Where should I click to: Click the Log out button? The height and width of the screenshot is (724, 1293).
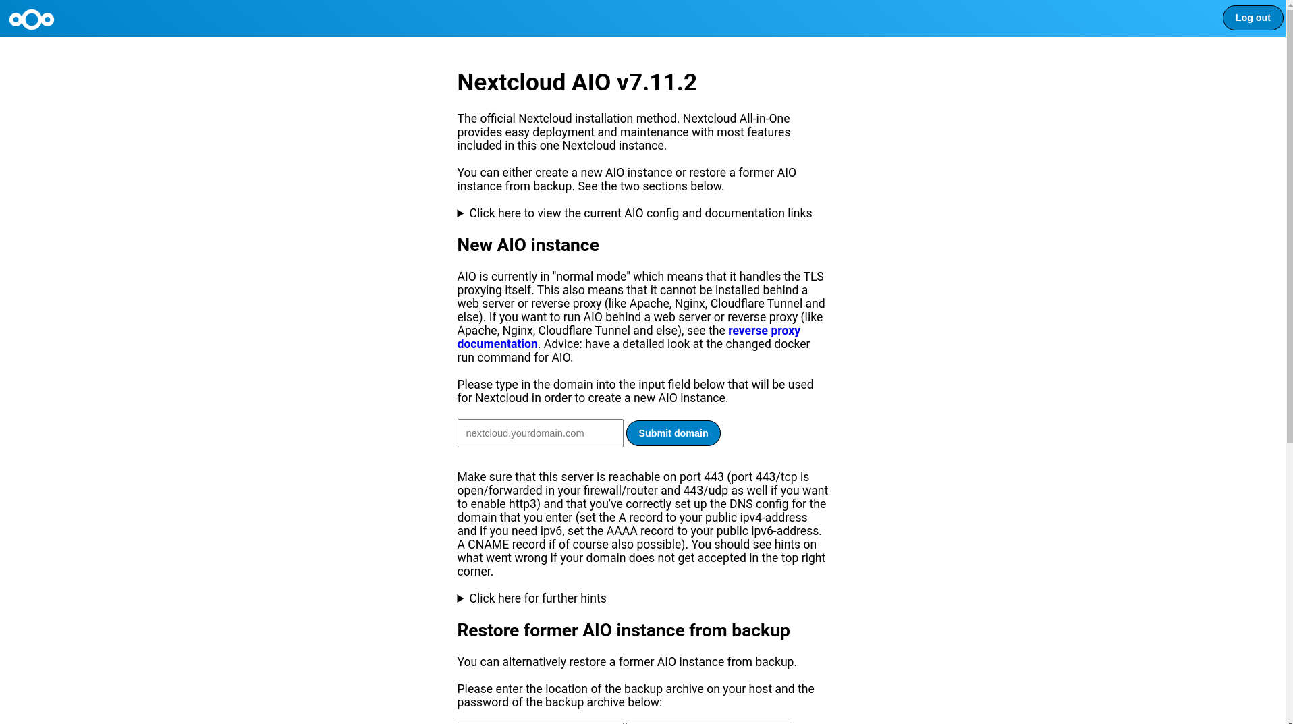(x=1252, y=18)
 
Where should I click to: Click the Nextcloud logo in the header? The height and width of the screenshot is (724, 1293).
(x=32, y=20)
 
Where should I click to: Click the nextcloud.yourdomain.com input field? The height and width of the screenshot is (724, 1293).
(x=540, y=433)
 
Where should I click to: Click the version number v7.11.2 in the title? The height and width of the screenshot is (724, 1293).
(x=656, y=82)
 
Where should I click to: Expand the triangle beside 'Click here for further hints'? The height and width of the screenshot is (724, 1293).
(x=461, y=598)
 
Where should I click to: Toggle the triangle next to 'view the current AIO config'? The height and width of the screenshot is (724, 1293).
(x=461, y=213)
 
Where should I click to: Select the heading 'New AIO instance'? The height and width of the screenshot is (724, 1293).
(x=528, y=245)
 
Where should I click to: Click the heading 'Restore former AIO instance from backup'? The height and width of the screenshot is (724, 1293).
(x=623, y=630)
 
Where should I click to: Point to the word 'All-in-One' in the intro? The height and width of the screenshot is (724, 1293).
(x=764, y=119)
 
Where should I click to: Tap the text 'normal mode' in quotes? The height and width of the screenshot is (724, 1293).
(x=590, y=277)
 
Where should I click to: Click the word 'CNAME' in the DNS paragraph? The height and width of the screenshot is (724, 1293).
(x=488, y=545)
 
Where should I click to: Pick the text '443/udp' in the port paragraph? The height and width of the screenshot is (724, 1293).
(x=705, y=491)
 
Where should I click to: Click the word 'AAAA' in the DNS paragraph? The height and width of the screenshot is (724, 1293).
(x=621, y=531)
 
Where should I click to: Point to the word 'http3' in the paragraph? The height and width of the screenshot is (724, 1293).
(x=523, y=504)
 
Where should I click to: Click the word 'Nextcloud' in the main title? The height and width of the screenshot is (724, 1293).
(x=511, y=82)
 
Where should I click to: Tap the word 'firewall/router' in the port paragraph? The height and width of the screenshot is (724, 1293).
(x=620, y=491)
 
